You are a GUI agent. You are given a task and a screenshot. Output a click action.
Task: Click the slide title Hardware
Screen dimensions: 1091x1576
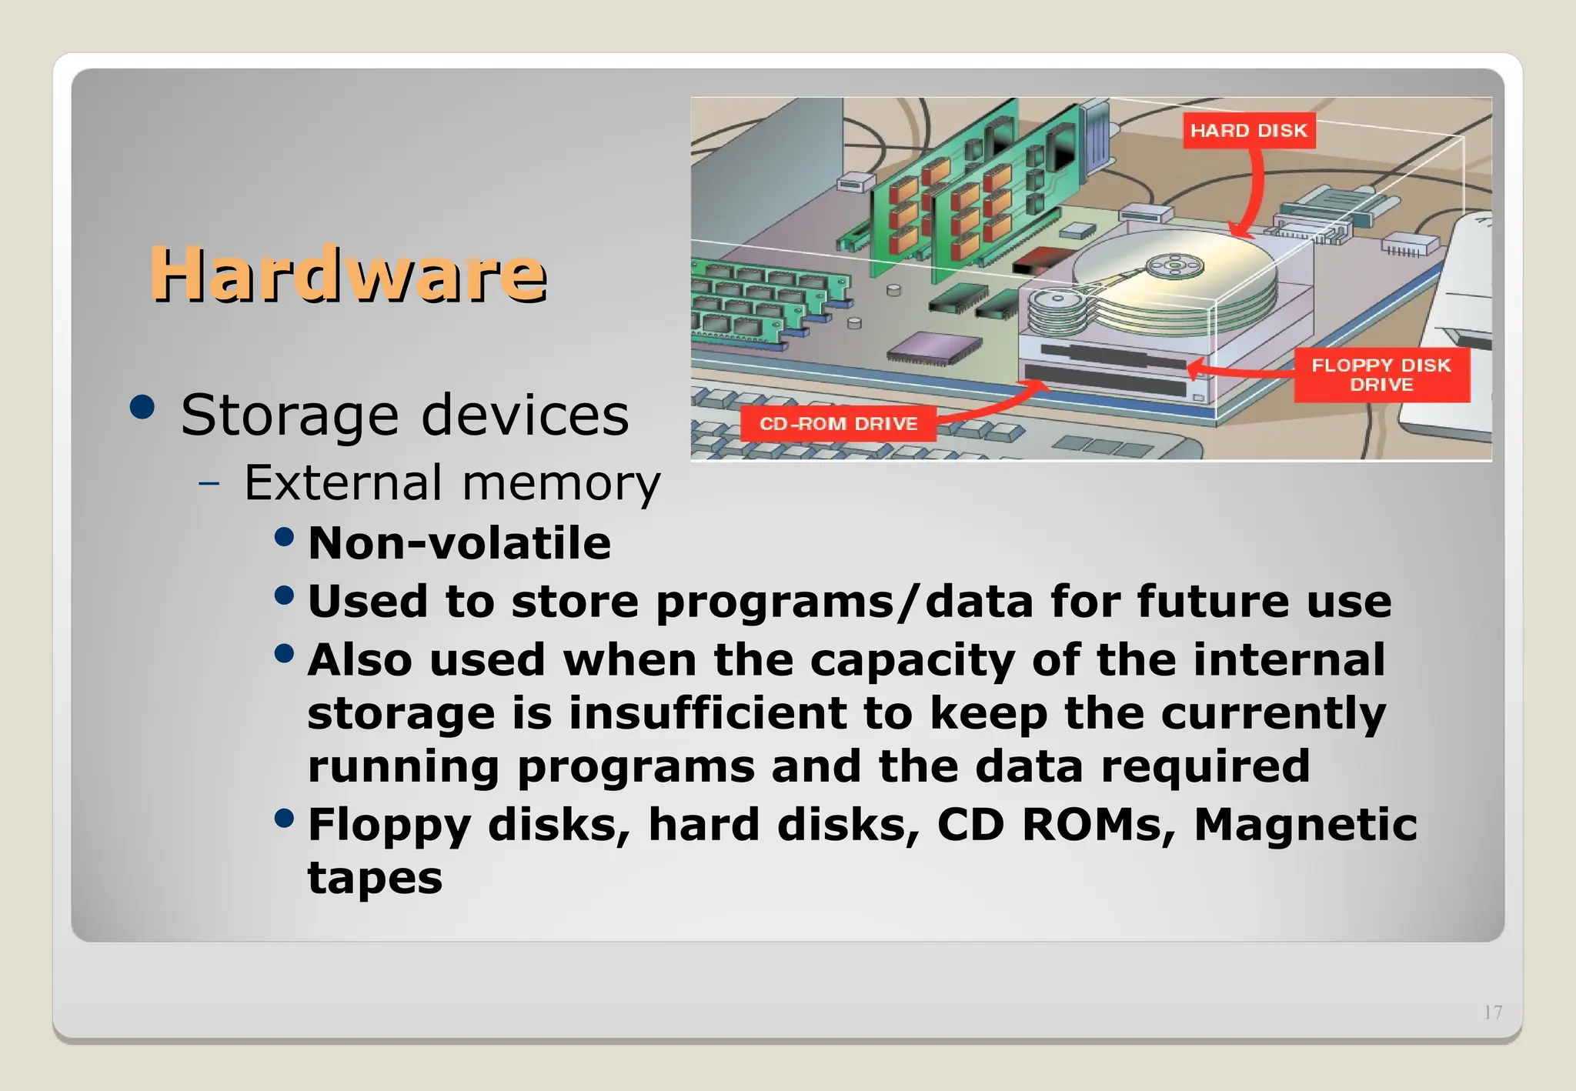[348, 274]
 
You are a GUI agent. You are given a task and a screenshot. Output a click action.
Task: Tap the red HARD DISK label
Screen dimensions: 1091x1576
[1248, 130]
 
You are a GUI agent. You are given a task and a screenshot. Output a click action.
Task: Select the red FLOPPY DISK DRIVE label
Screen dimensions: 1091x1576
[1381, 375]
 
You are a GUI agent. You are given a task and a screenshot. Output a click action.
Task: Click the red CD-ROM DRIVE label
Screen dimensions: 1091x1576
[838, 423]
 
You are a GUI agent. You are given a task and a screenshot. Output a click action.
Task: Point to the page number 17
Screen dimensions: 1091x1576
[1493, 1013]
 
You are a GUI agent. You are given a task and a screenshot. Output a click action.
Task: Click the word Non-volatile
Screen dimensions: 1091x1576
[459, 543]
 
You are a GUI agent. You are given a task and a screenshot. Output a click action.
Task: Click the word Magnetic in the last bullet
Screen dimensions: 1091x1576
[1305, 825]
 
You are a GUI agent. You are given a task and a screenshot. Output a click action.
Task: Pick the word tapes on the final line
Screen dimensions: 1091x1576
[375, 878]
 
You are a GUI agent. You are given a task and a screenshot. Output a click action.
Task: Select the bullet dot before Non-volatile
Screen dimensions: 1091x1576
[284, 536]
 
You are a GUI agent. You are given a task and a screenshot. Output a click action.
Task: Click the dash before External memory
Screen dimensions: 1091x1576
[209, 484]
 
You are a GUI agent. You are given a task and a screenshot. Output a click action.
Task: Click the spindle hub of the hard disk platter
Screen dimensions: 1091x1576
[1174, 267]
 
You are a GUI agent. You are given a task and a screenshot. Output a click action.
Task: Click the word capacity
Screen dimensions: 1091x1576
[912, 660]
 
